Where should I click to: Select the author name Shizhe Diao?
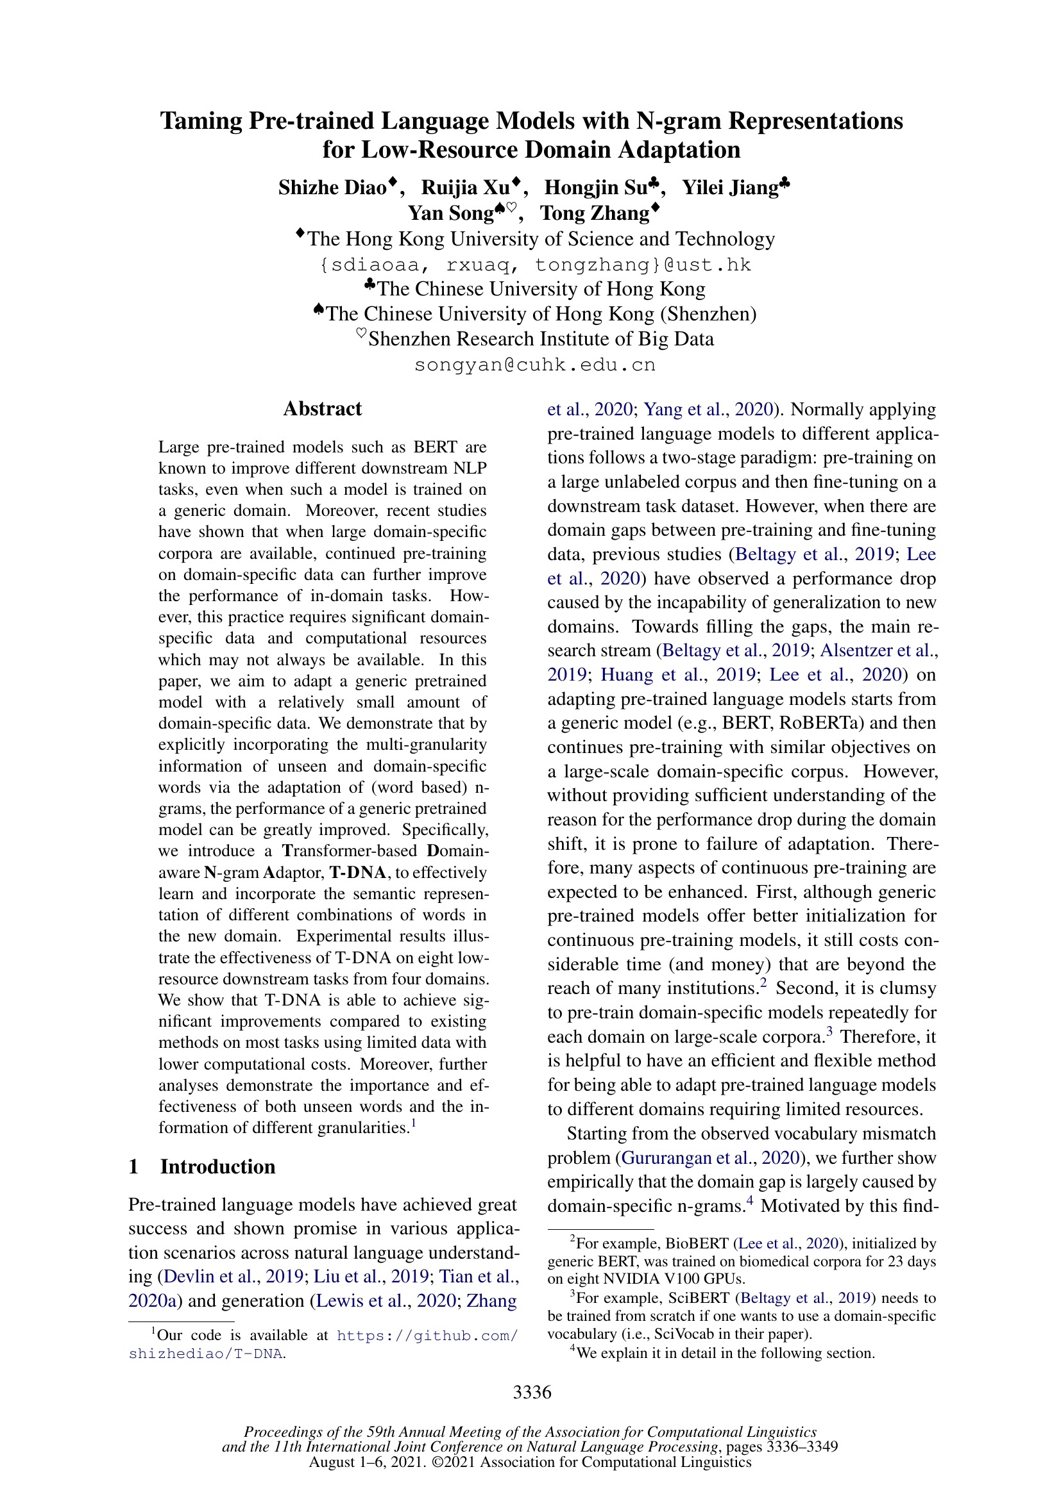332,188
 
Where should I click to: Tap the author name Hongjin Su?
596,188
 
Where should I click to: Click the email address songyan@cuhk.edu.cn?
534,365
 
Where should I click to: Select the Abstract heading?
322,409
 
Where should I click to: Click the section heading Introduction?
217,1166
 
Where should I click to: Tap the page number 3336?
532,1393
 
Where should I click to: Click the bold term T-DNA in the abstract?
357,873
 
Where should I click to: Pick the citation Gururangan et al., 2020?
710,1157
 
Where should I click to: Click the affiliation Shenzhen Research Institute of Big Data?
541,340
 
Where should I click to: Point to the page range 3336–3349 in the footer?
802,1447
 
